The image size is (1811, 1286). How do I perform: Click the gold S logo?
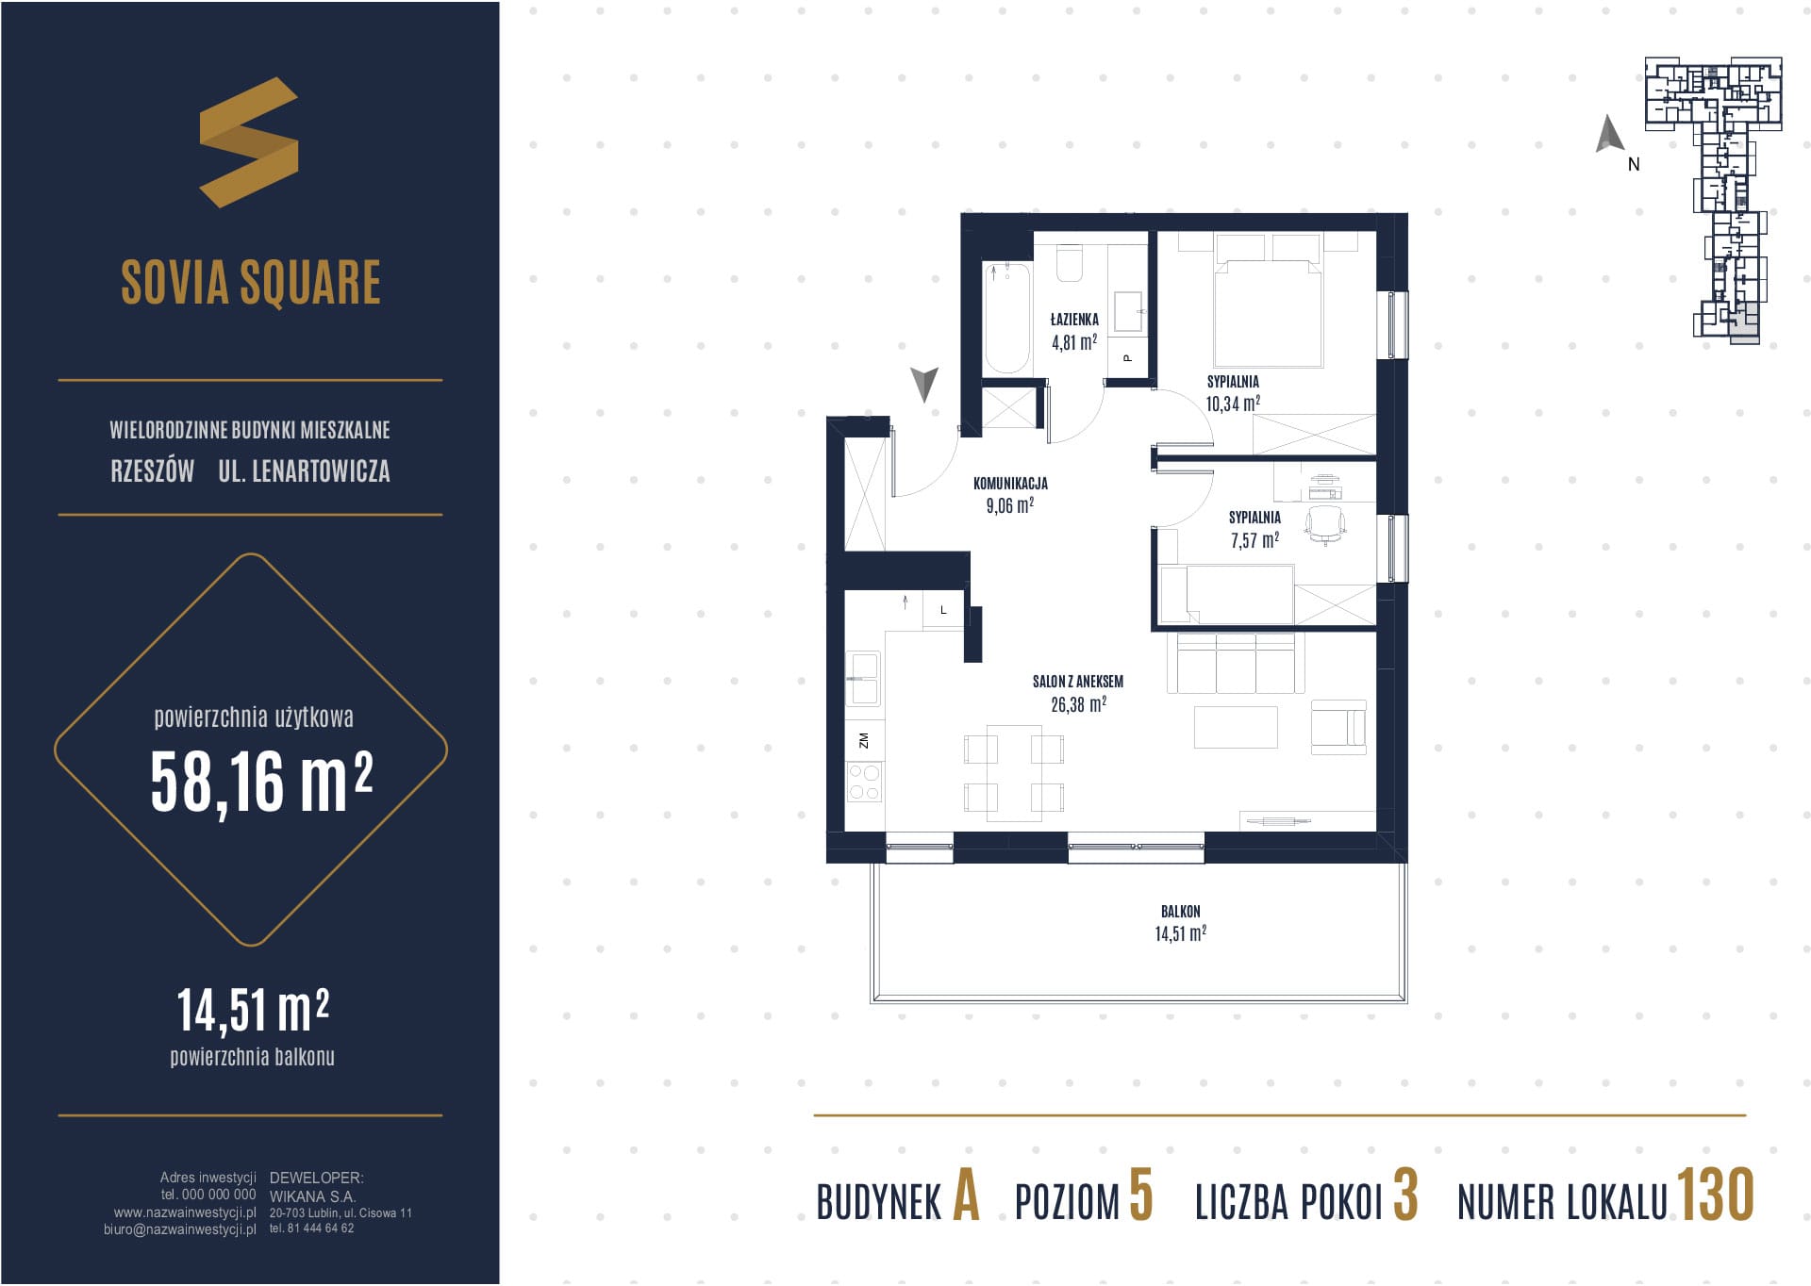click(x=249, y=142)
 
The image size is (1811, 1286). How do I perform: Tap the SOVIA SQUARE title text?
click(x=251, y=282)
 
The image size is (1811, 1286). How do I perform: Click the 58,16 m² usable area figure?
click(x=262, y=782)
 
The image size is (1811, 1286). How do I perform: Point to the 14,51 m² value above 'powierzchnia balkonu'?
click(x=253, y=1010)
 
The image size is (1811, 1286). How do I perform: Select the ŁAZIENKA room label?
click(x=1074, y=320)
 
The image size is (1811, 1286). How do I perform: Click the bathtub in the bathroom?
click(x=1007, y=319)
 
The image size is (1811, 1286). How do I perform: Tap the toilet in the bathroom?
click(x=1070, y=263)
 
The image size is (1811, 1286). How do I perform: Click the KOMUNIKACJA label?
click(x=1010, y=484)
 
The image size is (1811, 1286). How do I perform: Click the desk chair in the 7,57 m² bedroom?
click(x=1325, y=525)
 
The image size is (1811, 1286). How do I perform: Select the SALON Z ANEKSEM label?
click(x=1078, y=682)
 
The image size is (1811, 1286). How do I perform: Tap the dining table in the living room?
click(x=1014, y=773)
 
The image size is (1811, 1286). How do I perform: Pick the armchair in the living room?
click(x=1338, y=727)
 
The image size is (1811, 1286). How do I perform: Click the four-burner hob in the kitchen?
click(x=864, y=783)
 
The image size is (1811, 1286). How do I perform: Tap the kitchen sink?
click(x=863, y=679)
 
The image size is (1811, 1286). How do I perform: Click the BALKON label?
click(x=1181, y=912)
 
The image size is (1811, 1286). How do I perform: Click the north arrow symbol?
click(x=1609, y=134)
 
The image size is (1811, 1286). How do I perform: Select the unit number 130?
click(x=1715, y=1195)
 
